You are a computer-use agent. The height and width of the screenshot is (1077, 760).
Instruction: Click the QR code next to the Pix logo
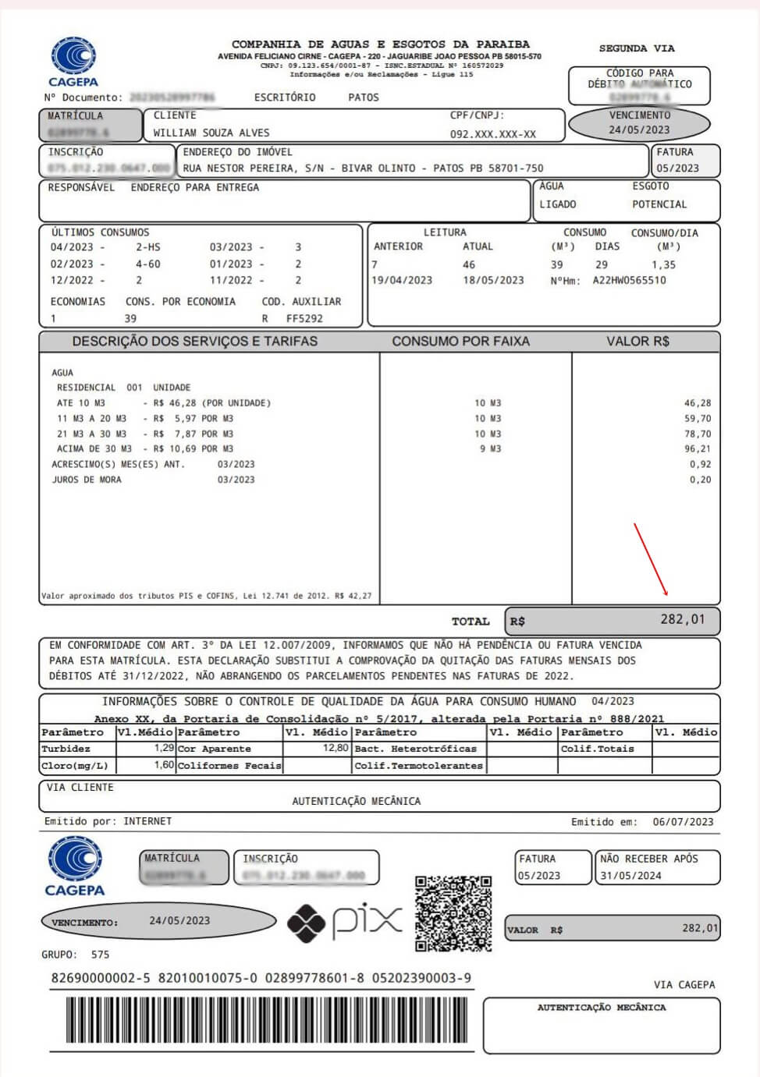(x=453, y=913)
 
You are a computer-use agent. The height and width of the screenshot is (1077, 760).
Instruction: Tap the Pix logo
(x=344, y=922)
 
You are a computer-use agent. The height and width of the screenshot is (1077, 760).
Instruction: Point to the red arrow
(x=650, y=559)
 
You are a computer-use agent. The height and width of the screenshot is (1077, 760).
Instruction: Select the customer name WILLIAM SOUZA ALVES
(x=211, y=133)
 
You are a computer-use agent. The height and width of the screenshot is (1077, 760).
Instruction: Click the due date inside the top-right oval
(x=639, y=130)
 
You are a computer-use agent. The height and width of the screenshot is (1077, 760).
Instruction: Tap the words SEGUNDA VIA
(x=637, y=48)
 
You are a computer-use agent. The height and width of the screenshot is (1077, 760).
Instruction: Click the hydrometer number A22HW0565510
(x=629, y=281)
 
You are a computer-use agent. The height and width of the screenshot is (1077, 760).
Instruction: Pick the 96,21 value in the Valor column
(x=697, y=449)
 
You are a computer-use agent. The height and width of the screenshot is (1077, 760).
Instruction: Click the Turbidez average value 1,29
(x=164, y=748)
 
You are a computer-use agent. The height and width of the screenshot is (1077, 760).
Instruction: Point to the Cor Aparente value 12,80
(x=336, y=748)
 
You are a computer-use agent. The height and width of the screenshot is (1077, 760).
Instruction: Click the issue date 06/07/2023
(x=683, y=822)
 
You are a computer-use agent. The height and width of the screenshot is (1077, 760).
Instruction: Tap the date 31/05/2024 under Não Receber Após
(x=630, y=876)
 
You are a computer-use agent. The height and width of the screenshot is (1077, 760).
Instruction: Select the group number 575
(x=100, y=955)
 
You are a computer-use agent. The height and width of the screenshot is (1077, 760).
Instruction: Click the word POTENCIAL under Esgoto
(x=659, y=204)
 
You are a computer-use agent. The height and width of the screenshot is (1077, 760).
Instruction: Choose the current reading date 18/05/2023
(x=493, y=281)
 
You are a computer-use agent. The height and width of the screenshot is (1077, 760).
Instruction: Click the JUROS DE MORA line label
(x=87, y=480)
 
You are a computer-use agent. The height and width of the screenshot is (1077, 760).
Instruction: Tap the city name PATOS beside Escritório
(x=363, y=97)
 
